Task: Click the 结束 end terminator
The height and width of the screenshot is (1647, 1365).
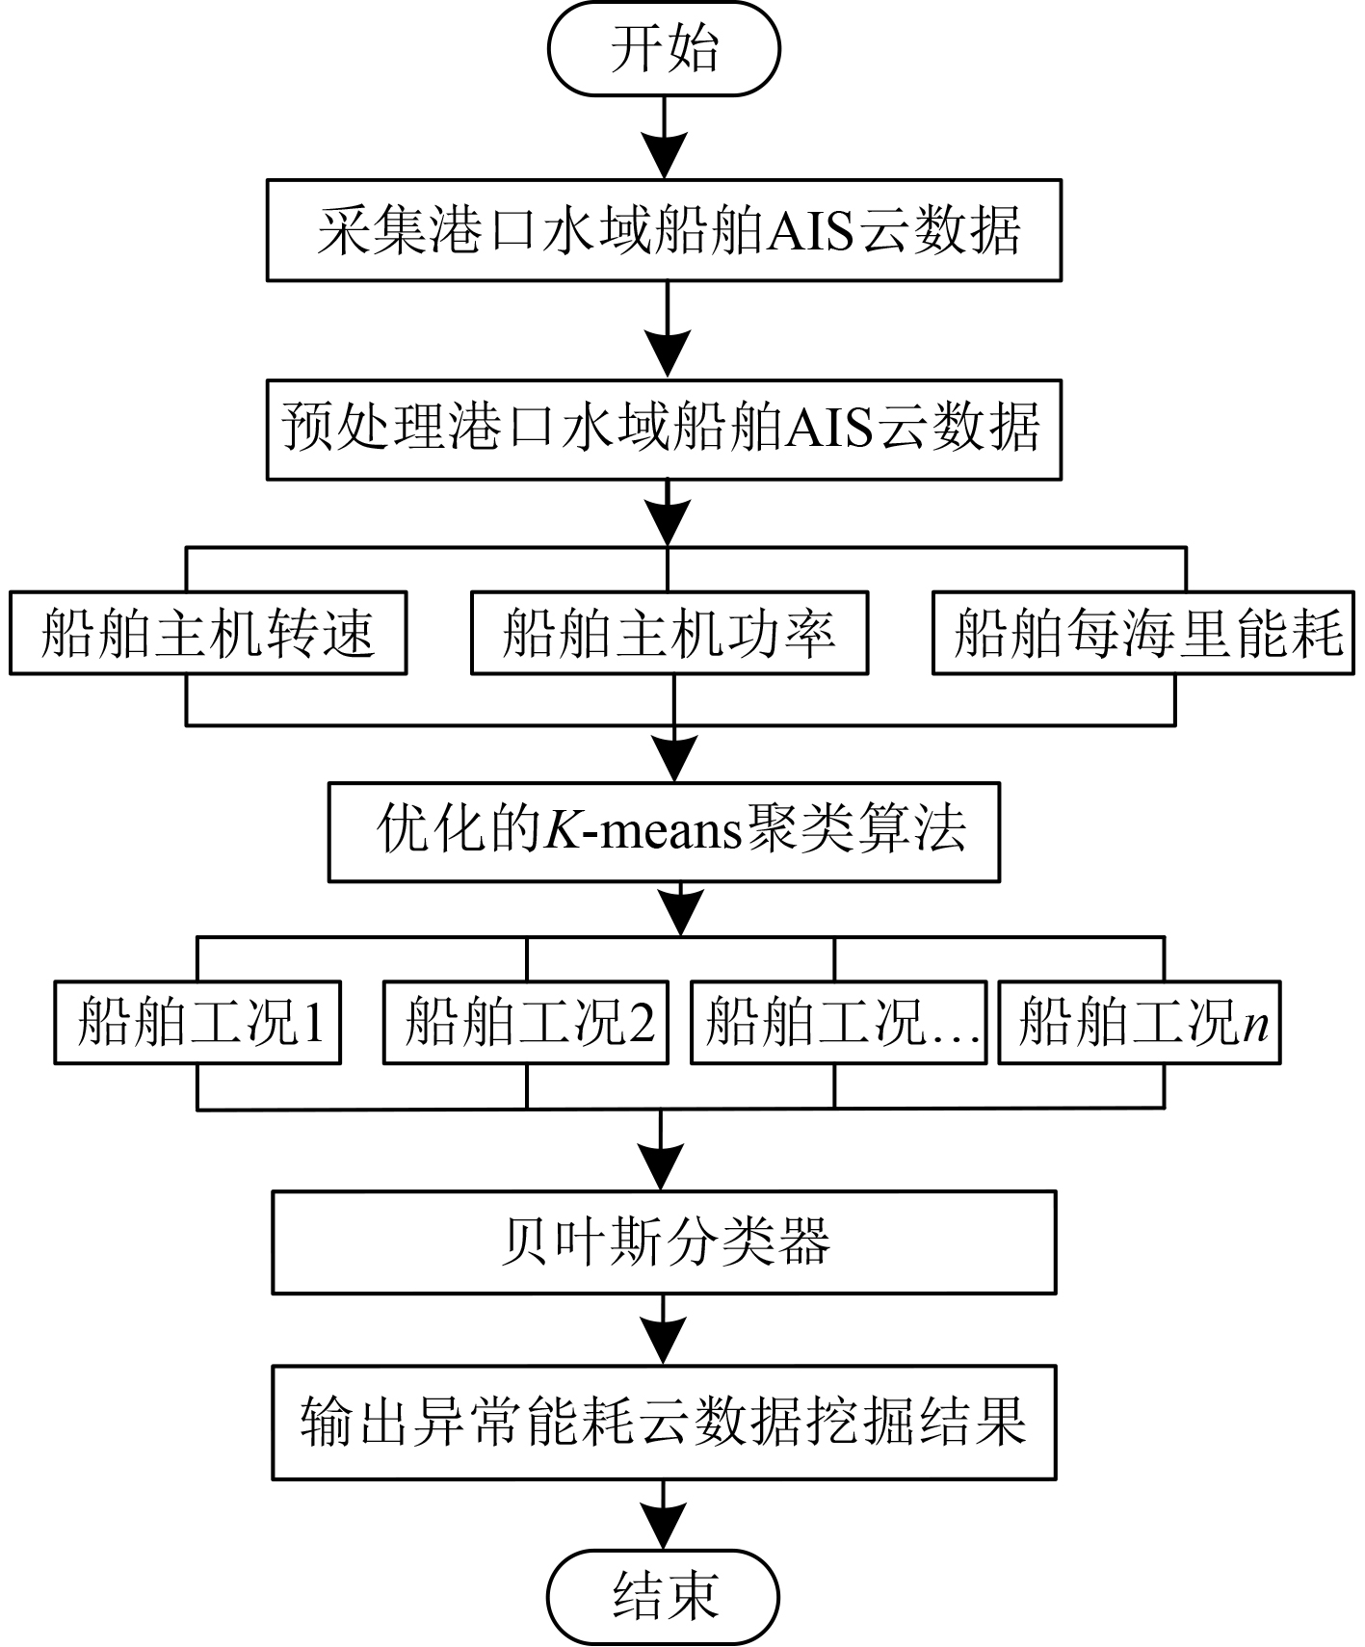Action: coord(664,1596)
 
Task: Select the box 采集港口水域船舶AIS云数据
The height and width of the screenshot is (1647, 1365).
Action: coord(664,230)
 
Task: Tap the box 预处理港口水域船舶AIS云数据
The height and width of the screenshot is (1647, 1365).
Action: coord(664,429)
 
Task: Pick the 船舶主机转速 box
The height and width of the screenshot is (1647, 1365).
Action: coord(208,633)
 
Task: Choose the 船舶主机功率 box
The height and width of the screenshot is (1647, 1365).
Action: coord(669,633)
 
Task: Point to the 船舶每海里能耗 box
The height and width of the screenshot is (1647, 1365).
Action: coord(1143,633)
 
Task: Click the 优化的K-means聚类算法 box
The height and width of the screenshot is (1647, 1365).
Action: coord(664,831)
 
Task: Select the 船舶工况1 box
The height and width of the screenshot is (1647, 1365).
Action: coord(197,1022)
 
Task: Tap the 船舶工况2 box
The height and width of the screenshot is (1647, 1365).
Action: coord(526,1022)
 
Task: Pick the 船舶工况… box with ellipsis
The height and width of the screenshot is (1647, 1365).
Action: coord(838,1022)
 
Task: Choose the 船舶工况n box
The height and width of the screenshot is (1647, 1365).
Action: coord(1140,1022)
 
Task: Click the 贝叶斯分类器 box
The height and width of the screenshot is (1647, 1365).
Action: coord(664,1242)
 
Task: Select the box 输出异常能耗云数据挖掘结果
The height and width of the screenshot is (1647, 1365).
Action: coord(664,1422)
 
